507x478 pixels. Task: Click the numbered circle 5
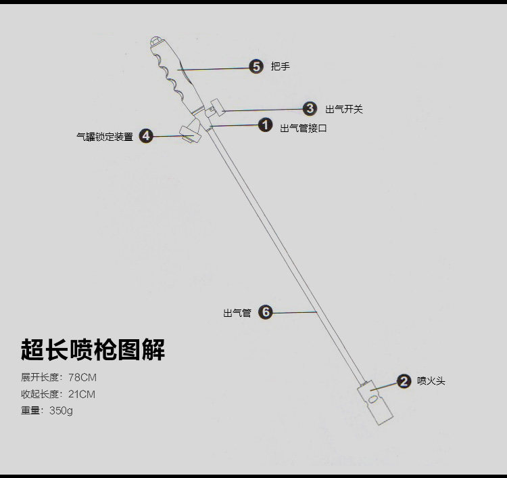pyautogui.click(x=256, y=66)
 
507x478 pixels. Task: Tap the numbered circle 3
pyautogui.click(x=310, y=108)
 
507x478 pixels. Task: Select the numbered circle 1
pyautogui.click(x=265, y=125)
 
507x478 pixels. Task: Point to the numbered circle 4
pyautogui.click(x=146, y=136)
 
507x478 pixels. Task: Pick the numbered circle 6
pyautogui.click(x=266, y=312)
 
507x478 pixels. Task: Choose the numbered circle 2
pyautogui.click(x=404, y=381)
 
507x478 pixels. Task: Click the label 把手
pyautogui.click(x=281, y=66)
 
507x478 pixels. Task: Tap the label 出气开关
pyautogui.click(x=344, y=109)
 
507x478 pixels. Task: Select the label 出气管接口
pyautogui.click(x=304, y=127)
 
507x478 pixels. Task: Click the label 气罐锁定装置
pyautogui.click(x=105, y=137)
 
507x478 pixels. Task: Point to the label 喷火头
pyautogui.click(x=431, y=381)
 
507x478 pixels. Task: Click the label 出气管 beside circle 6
pyautogui.click(x=237, y=313)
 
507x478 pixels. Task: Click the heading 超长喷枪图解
pyautogui.click(x=93, y=349)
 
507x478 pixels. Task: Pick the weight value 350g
pyautogui.click(x=62, y=410)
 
